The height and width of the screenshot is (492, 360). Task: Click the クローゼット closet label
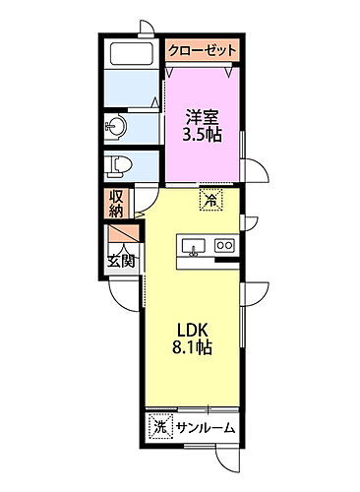(x=203, y=50)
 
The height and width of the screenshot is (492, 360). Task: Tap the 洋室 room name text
(x=203, y=116)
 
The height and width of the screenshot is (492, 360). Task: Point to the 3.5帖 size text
(x=203, y=135)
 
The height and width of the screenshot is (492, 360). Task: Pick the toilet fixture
(x=117, y=165)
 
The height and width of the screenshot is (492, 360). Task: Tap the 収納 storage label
(x=116, y=204)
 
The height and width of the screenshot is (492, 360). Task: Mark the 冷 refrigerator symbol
(x=210, y=199)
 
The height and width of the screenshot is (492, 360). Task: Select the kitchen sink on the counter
(x=190, y=245)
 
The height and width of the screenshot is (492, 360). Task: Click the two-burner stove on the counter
(x=223, y=245)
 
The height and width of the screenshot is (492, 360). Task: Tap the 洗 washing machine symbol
(x=160, y=427)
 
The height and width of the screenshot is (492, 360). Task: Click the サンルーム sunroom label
(x=206, y=428)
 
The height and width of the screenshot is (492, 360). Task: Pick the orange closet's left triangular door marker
(x=172, y=70)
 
